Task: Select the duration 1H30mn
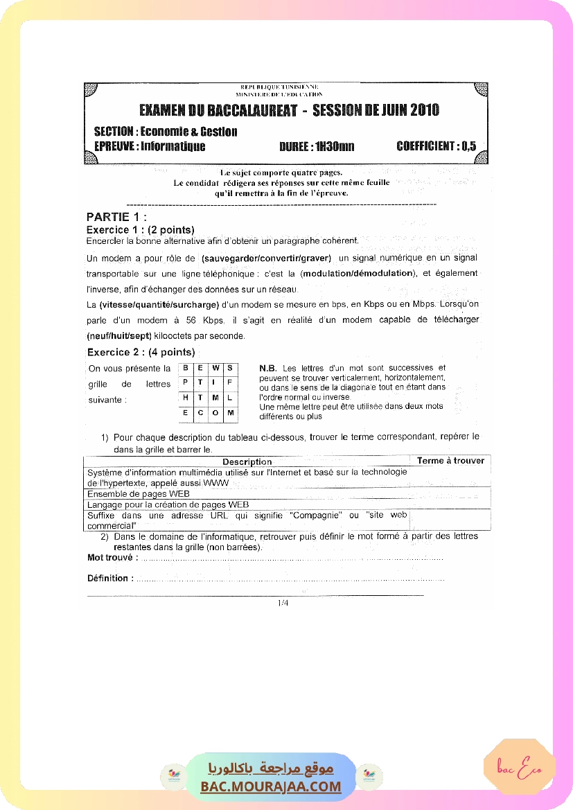pos(335,146)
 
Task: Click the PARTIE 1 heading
pos(116,217)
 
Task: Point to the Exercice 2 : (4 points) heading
pos(141,352)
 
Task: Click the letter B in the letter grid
pos(186,368)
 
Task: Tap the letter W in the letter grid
pos(215,368)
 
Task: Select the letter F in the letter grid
pos(230,382)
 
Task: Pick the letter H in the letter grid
pos(186,398)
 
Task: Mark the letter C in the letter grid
pos(200,413)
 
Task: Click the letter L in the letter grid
pos(230,398)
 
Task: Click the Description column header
pos(247,461)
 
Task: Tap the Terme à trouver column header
pos(450,461)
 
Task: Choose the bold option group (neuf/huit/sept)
pos(119,336)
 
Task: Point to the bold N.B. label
pos(268,368)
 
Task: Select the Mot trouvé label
pos(112,557)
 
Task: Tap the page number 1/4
pos(283,603)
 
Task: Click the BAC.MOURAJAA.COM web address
pos(271,786)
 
